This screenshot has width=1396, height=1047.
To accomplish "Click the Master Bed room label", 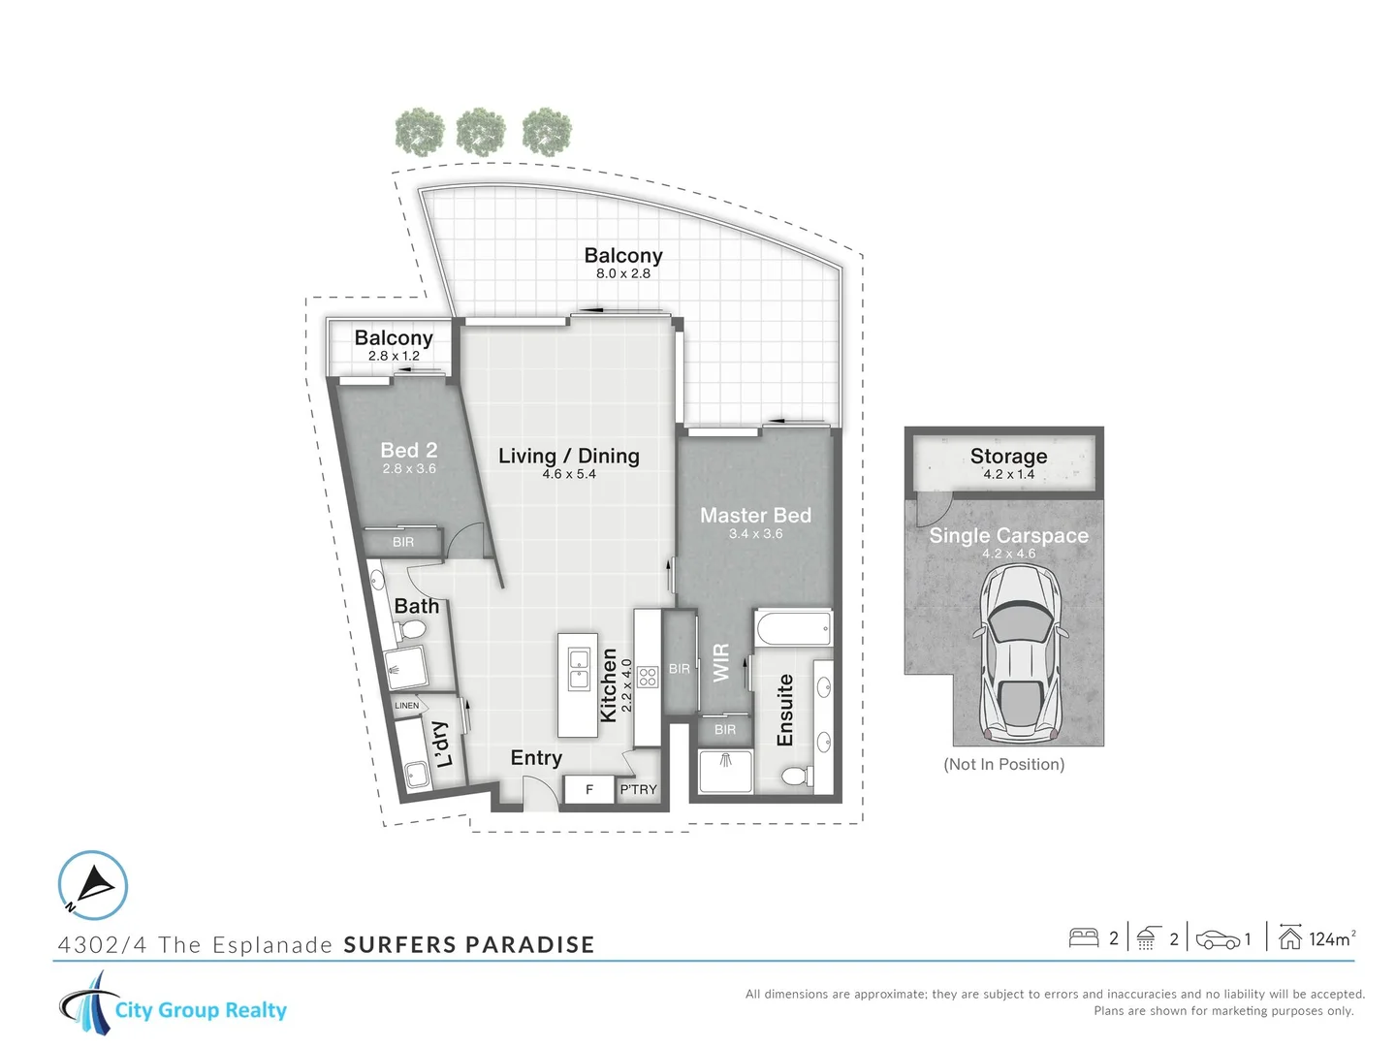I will click(x=755, y=516).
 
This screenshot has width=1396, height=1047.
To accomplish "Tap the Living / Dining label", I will click(x=568, y=456).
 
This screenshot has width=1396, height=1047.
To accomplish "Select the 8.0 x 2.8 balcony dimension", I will click(x=623, y=274).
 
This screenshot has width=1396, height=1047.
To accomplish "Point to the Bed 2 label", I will click(x=408, y=450).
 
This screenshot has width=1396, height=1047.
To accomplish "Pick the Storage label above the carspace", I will click(x=1008, y=456).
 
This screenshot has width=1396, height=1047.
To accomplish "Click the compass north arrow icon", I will click(x=93, y=885).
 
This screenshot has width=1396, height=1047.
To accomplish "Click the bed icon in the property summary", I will click(x=1083, y=938).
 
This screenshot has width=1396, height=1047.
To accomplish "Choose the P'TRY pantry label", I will click(x=638, y=790).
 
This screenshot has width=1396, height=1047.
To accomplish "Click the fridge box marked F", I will click(x=588, y=790).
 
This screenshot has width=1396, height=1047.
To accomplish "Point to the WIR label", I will click(x=721, y=663).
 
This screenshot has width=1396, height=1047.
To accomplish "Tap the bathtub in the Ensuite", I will click(x=793, y=628).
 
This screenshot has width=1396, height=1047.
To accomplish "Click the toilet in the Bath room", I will click(x=411, y=631).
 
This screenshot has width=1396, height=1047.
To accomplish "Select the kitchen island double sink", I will click(x=579, y=669).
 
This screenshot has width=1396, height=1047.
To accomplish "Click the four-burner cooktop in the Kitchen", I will click(x=648, y=676).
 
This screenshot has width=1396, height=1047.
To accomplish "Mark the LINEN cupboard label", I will click(x=407, y=706).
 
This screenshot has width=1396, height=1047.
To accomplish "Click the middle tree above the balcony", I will click(x=481, y=132).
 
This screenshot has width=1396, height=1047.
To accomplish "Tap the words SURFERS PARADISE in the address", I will click(x=469, y=945).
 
